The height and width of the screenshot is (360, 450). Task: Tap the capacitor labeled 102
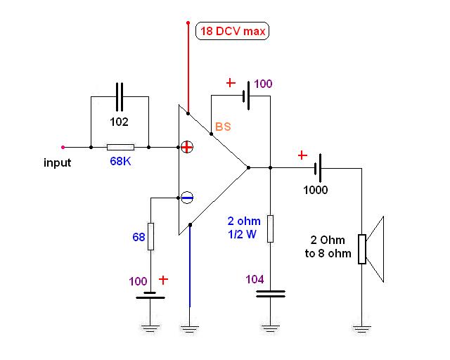point(120,98)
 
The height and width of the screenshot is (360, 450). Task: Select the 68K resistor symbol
point(120,148)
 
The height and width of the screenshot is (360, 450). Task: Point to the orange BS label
point(223,127)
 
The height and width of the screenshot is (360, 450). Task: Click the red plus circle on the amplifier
point(187,147)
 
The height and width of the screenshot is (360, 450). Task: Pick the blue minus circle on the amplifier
point(187,198)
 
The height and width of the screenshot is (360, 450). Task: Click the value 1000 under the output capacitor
point(316,190)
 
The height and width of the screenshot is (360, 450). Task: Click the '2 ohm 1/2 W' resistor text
point(245,228)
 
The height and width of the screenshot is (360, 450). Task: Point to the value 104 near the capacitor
point(254,280)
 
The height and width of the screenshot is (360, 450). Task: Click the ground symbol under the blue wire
point(188,326)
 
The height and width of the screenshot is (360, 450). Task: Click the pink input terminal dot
point(63,148)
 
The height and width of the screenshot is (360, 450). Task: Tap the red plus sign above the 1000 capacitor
point(303,155)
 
